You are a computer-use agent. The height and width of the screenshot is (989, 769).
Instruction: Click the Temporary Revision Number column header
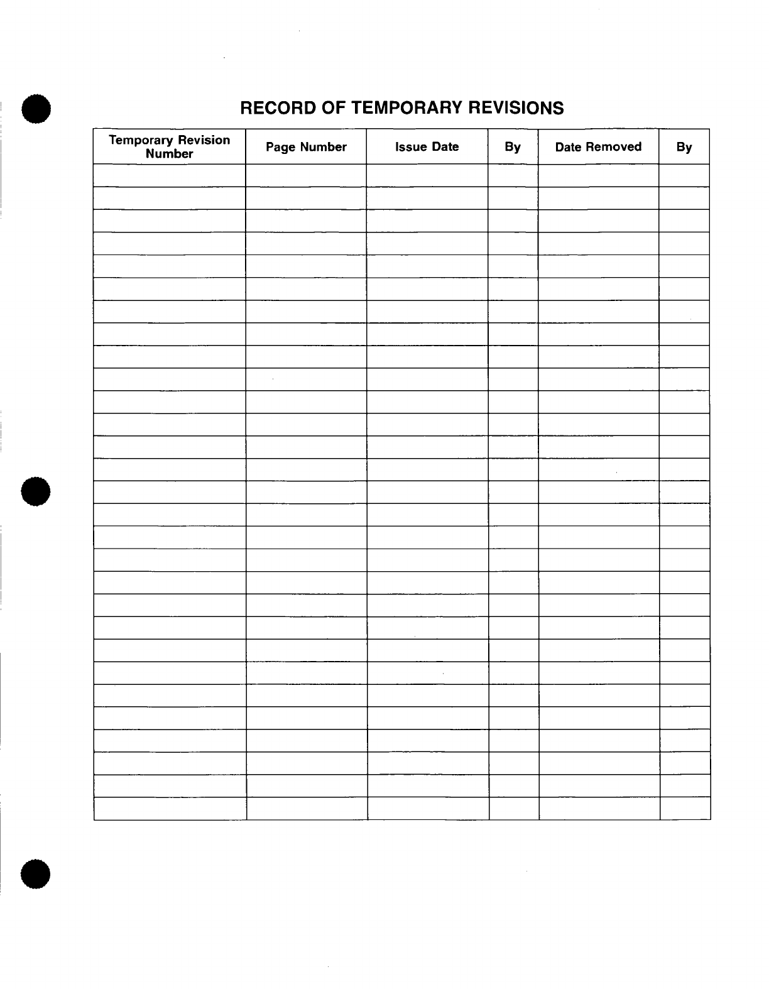(x=170, y=146)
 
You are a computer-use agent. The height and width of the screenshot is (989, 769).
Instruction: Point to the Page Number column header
(x=306, y=147)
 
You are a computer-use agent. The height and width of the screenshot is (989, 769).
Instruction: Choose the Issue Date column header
(x=427, y=147)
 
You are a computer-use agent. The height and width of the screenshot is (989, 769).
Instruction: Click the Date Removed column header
(x=598, y=147)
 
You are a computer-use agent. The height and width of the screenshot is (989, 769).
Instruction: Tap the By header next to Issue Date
(x=513, y=147)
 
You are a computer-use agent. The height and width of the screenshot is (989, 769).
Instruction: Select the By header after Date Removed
(x=684, y=147)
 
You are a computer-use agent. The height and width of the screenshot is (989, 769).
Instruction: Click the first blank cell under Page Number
(x=306, y=175)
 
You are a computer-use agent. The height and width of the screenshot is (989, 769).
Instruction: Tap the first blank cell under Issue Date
(x=427, y=175)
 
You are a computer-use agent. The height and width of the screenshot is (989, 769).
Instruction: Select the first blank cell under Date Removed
(x=598, y=175)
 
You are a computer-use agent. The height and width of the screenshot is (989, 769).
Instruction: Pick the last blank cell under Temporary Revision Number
(x=170, y=809)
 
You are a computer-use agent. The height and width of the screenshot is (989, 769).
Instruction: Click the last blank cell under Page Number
(x=307, y=809)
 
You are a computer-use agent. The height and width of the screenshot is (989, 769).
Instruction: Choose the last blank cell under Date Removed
(x=599, y=809)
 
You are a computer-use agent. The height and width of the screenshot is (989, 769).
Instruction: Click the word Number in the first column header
(x=170, y=154)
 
